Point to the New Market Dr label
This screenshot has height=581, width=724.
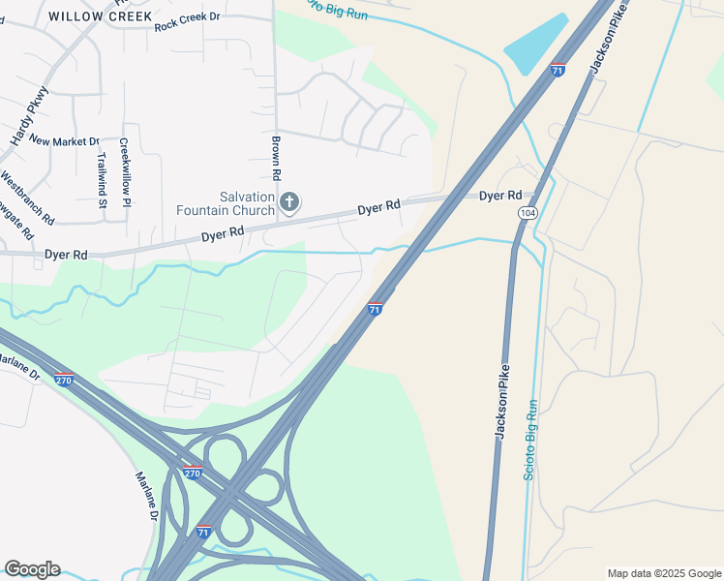tap(65, 141)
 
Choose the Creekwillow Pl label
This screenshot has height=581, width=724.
tap(125, 171)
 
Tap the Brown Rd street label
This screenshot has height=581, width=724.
tap(276, 158)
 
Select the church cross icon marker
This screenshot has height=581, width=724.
tap(288, 202)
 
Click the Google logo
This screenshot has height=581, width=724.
tap(32, 569)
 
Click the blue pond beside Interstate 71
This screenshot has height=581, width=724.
tap(535, 45)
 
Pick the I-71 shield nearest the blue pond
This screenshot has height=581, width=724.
tap(557, 70)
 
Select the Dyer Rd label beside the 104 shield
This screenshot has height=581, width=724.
tap(500, 196)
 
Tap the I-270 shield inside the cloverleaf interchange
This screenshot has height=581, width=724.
tap(192, 473)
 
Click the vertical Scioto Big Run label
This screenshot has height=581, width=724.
tap(530, 446)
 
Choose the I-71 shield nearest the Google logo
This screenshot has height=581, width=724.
tap(202, 532)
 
